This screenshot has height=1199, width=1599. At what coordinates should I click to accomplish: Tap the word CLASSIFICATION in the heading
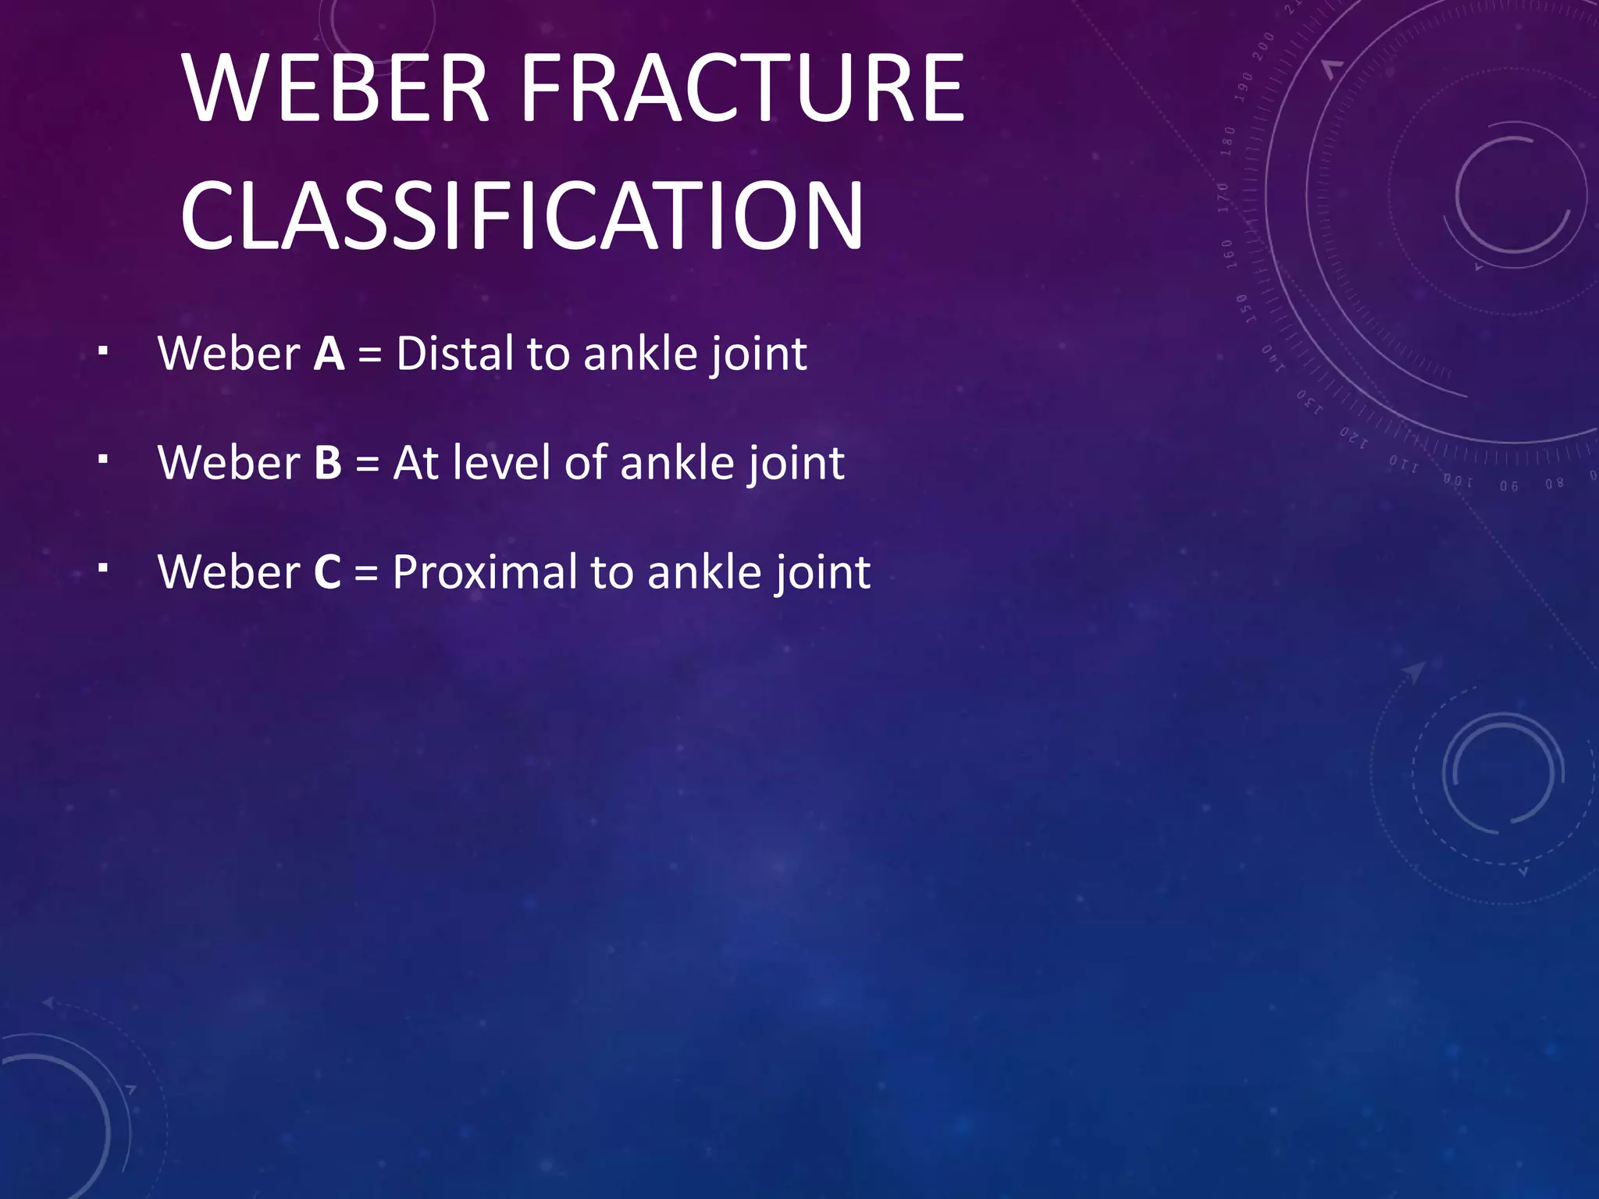pyautogui.click(x=522, y=215)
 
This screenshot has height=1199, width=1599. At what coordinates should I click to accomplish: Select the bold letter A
pyautogui.click(x=329, y=354)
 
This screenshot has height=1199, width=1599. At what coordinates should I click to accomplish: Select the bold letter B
pyautogui.click(x=328, y=463)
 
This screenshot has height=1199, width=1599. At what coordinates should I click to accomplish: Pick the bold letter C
pyautogui.click(x=327, y=572)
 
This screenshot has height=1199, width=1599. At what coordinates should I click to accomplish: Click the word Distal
pyautogui.click(x=455, y=354)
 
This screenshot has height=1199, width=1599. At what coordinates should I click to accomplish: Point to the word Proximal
pyautogui.click(x=484, y=572)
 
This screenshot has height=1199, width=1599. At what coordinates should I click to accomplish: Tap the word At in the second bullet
pyautogui.click(x=415, y=463)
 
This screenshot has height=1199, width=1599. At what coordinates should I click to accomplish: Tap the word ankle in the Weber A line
pyautogui.click(x=640, y=354)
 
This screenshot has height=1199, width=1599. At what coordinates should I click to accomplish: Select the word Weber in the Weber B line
pyautogui.click(x=229, y=463)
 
